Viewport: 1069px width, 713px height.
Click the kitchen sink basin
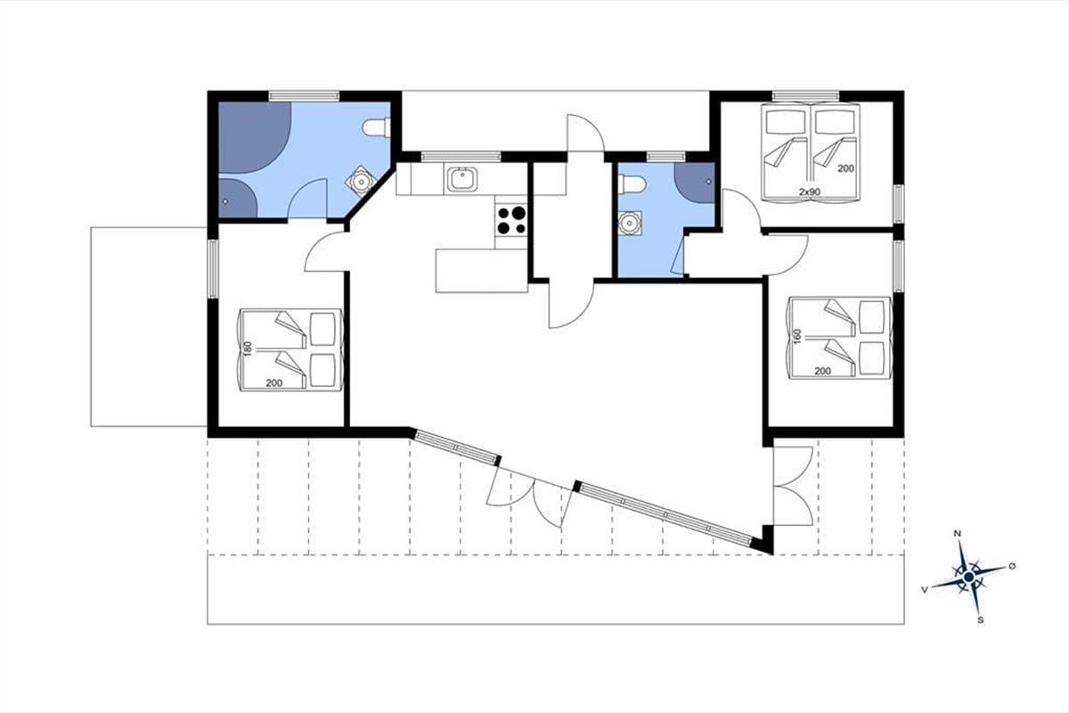point(462,179)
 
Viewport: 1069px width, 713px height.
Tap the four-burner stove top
point(511,219)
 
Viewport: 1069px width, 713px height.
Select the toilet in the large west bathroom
point(377,127)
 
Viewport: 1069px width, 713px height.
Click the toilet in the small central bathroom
point(632,184)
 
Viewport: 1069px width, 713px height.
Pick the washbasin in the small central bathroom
point(630,223)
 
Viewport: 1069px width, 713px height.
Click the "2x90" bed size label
point(810,192)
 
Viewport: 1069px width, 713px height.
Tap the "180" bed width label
point(248,348)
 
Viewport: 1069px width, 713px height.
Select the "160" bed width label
point(798,336)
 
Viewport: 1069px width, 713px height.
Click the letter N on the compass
point(957,534)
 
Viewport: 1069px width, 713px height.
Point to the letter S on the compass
point(980,620)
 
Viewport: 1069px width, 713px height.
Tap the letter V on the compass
point(925,590)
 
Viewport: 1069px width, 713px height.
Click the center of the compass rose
point(969,578)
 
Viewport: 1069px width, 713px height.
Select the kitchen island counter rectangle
point(482,271)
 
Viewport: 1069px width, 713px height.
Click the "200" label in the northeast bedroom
point(845,168)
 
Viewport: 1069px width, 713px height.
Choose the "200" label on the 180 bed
point(274,383)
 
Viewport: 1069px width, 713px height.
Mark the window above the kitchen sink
point(461,157)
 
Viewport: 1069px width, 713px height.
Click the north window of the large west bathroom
point(304,96)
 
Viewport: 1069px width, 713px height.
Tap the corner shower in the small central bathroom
point(695,183)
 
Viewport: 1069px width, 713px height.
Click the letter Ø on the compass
point(1012,566)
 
